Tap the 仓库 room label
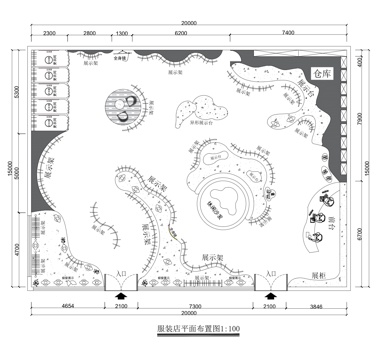coord(320,73)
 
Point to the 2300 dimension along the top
coord(49,34)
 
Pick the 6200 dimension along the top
coord(181,34)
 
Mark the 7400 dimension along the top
coord(288,34)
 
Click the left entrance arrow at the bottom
coord(121,295)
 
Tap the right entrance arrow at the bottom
coord(270,295)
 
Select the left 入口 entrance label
coord(120,273)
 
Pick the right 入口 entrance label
coord(268,273)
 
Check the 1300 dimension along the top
coord(121,34)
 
